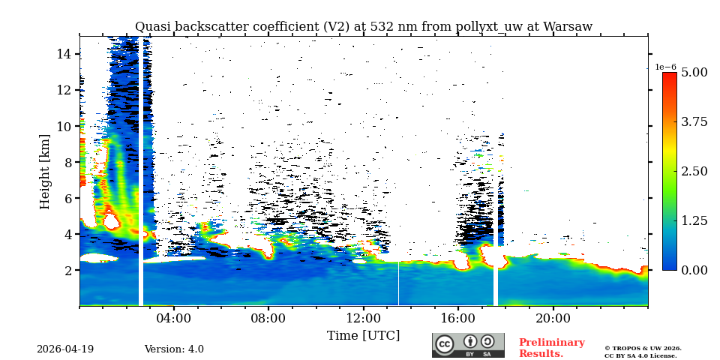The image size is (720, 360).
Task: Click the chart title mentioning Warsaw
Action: tap(363, 27)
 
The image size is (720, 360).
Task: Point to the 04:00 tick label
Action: tap(173, 318)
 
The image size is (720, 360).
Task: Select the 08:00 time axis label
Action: tap(268, 318)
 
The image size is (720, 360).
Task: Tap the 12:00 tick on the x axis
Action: tap(363, 318)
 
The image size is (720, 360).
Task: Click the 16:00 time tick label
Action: tap(457, 318)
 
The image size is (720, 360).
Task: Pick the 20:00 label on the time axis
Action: tap(553, 318)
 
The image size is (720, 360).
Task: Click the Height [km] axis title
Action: tap(45, 171)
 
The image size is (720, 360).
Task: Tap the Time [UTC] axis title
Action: tap(363, 335)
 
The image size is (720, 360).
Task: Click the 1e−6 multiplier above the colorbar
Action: tap(665, 67)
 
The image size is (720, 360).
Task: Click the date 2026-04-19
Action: tap(65, 349)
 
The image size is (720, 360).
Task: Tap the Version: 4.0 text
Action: tap(174, 349)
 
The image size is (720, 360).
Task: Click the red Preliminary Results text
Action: tap(551, 348)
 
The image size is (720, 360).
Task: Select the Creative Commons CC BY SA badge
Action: tap(468, 345)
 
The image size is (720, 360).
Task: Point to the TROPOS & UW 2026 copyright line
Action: tap(643, 348)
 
